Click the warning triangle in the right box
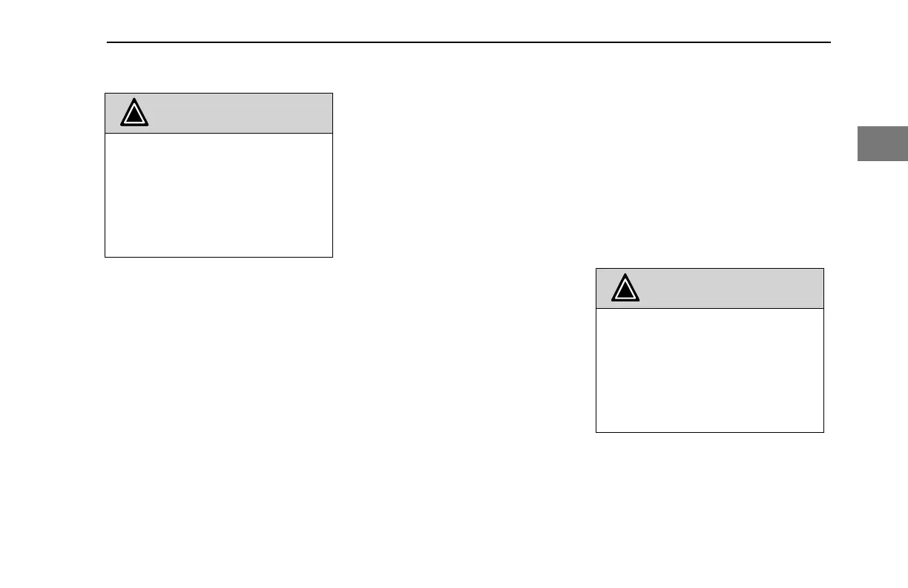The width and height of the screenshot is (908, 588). [x=626, y=289]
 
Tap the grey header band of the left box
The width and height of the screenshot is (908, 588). [x=237, y=114]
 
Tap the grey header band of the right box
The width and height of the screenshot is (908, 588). [x=727, y=289]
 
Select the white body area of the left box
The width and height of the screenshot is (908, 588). [x=219, y=195]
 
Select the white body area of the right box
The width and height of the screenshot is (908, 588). [x=710, y=370]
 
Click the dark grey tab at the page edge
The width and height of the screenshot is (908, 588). [x=883, y=144]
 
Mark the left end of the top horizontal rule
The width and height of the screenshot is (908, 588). [x=108, y=42]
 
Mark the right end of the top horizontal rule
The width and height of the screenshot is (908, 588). [x=830, y=42]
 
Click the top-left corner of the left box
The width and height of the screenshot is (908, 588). [x=105, y=93]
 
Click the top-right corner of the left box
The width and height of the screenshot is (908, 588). [x=332, y=93]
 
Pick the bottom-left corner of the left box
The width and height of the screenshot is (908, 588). [x=105, y=257]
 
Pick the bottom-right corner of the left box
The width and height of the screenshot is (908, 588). [x=332, y=257]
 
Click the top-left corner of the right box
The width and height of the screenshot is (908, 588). [x=596, y=269]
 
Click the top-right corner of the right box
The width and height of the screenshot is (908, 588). [x=823, y=269]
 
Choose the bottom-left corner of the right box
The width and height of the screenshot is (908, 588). [x=596, y=432]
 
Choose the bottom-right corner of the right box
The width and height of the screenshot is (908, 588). [x=823, y=432]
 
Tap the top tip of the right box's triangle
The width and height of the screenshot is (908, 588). [x=626, y=274]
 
